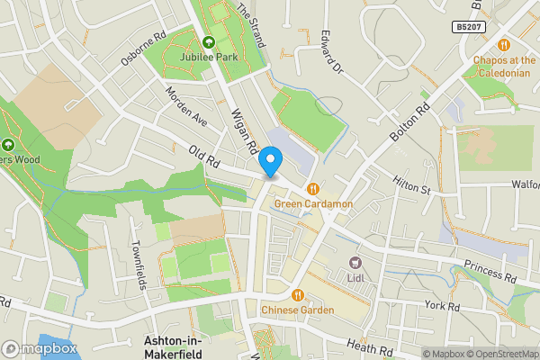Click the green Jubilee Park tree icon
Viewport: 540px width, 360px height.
209,41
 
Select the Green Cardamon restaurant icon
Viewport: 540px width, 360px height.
313,189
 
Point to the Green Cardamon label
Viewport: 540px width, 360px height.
313,204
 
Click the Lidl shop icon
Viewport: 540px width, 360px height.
354,263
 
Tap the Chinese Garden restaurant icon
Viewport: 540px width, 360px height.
298,294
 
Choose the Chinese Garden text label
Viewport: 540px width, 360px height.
298,310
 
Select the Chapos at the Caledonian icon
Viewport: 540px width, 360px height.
504,44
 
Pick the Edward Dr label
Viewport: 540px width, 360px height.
331,54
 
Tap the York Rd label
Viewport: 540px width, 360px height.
442,306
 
